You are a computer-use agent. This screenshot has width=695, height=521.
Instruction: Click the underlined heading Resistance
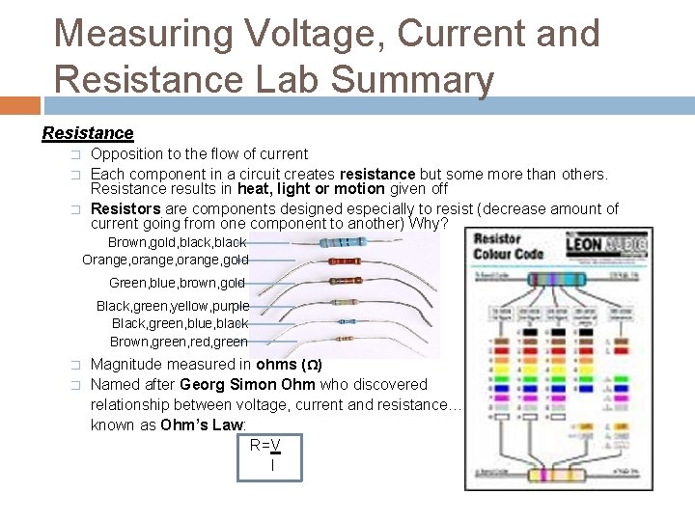[88, 133]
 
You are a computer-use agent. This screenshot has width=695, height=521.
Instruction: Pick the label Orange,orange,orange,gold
[165, 260]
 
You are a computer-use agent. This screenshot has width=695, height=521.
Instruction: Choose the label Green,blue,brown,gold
[177, 284]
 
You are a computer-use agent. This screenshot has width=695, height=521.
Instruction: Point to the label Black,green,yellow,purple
[172, 306]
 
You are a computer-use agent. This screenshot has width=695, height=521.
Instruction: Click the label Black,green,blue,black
[180, 323]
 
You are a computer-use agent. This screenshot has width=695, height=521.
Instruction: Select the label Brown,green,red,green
[179, 342]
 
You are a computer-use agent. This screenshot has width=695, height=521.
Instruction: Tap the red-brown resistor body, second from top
[344, 260]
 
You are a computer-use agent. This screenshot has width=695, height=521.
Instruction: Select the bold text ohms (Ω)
[288, 365]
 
